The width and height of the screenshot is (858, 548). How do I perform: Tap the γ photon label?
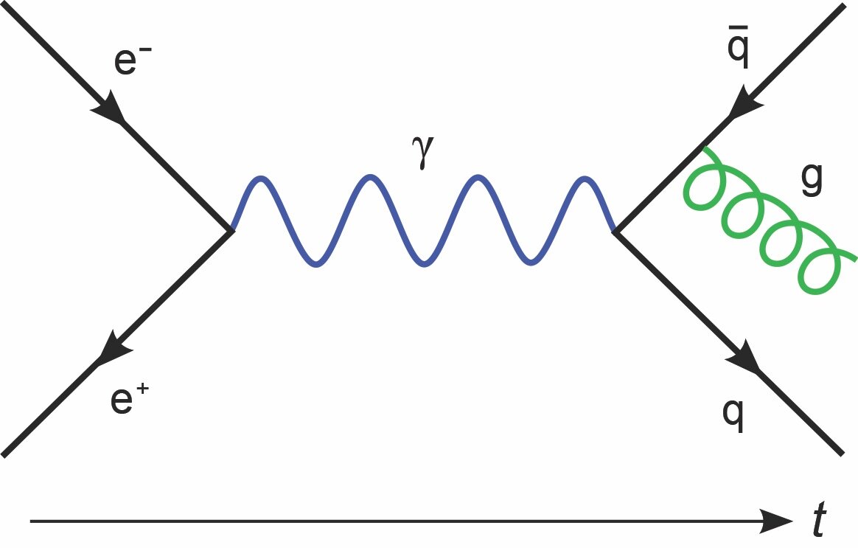[x=422, y=153]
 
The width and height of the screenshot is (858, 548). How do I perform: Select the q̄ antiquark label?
[x=738, y=46]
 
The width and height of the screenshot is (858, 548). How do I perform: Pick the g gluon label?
[x=812, y=179]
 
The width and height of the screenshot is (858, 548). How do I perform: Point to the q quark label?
[x=733, y=415]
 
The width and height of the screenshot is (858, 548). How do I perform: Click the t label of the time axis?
[x=819, y=518]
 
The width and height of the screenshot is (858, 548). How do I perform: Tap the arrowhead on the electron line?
[x=109, y=108]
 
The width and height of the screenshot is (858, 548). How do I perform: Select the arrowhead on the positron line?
[x=114, y=347]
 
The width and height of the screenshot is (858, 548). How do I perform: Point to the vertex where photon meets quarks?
[x=615, y=232]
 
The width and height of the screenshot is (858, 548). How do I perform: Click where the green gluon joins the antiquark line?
[x=705, y=148]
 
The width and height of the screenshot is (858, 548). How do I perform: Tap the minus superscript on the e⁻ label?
[x=145, y=50]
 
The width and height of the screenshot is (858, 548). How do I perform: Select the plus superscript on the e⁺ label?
[x=142, y=389]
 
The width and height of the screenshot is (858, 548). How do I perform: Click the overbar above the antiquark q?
[x=738, y=27]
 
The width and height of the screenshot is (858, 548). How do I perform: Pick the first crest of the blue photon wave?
[x=262, y=177]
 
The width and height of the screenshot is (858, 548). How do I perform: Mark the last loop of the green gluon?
[x=819, y=271]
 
